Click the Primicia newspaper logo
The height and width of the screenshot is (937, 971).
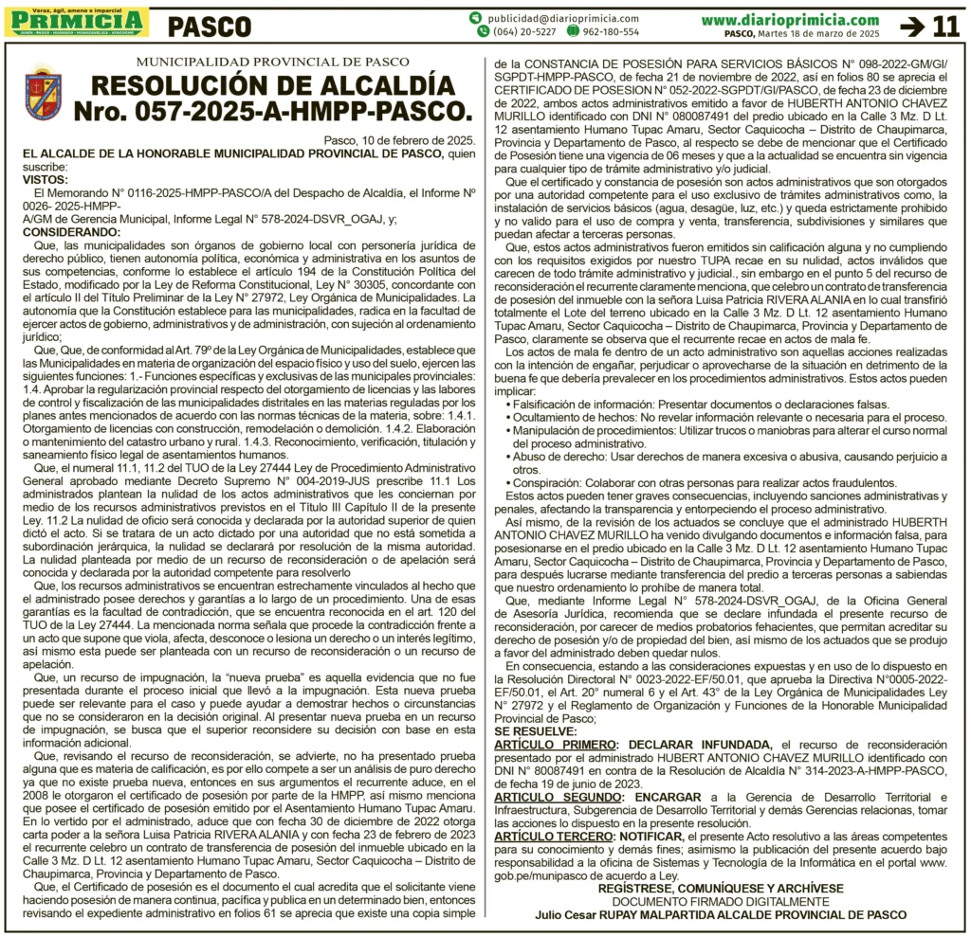coord(76,20)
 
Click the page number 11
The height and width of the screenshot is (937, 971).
coord(946,26)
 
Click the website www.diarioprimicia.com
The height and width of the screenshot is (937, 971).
coord(790,19)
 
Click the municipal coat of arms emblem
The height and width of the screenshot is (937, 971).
coord(43,93)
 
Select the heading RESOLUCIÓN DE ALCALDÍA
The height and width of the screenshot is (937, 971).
coord(259,84)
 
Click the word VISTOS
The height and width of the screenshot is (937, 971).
coord(45,179)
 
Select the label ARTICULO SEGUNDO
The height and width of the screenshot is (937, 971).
coord(557,798)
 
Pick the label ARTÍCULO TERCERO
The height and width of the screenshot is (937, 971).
coord(554,838)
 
